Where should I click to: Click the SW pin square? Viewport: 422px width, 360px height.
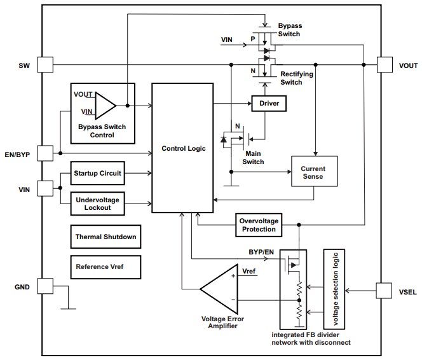(45, 64)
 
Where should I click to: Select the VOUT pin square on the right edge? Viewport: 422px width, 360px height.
(385, 64)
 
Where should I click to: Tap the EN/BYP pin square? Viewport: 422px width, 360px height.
(45, 153)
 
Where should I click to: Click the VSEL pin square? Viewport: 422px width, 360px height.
(385, 291)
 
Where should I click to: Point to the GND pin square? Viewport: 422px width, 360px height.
(45, 286)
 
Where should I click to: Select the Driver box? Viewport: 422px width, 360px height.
(269, 102)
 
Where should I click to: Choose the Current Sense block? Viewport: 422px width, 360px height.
(313, 172)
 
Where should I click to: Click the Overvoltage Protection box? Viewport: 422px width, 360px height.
(257, 225)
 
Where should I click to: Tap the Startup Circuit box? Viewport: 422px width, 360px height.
(97, 173)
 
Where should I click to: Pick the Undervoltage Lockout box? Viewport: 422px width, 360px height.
(97, 202)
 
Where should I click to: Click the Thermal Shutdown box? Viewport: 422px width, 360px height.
(105, 237)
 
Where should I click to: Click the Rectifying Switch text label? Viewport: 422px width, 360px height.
(296, 78)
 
